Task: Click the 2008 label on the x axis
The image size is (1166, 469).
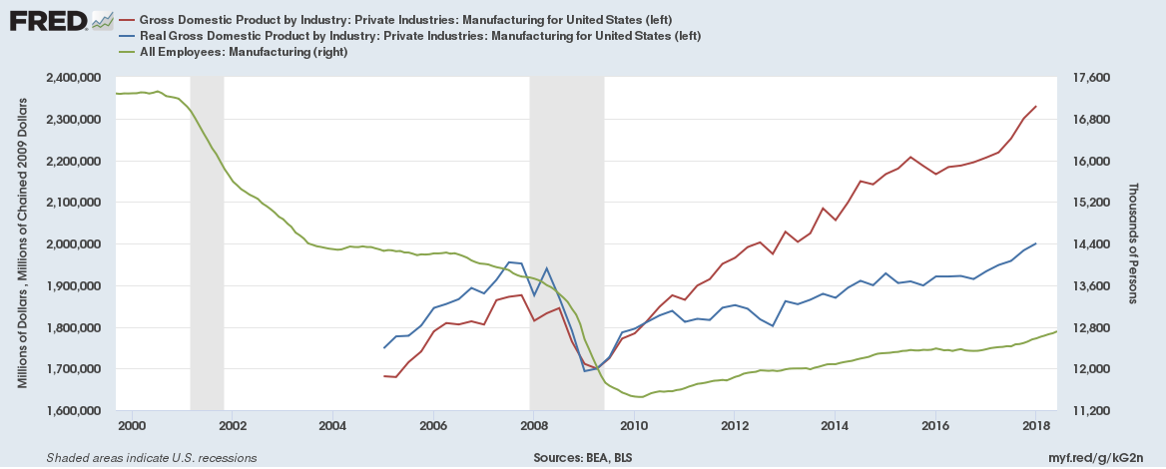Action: tap(533, 426)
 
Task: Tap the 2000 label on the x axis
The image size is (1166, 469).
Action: tap(132, 426)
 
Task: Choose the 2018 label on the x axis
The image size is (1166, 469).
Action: tap(1035, 426)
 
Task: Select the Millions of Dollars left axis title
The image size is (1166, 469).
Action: tap(23, 244)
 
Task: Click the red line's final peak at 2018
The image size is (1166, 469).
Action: tap(1035, 106)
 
